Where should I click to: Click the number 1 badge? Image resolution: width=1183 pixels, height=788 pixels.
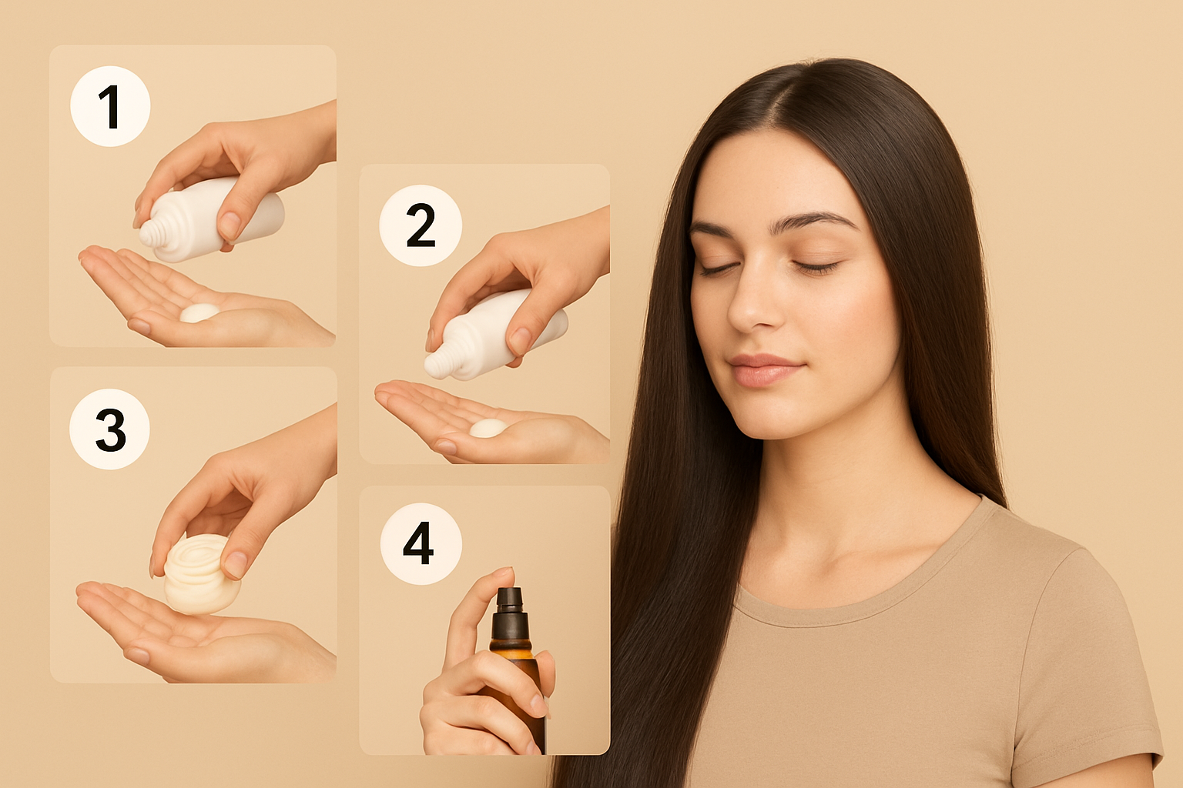[x=110, y=106]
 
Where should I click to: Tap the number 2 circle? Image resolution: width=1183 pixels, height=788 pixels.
[x=421, y=225]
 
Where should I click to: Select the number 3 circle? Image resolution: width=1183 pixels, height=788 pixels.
[x=110, y=429]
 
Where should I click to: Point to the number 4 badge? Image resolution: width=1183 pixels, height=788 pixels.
[x=421, y=543]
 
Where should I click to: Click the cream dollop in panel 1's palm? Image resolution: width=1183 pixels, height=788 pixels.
[x=199, y=312]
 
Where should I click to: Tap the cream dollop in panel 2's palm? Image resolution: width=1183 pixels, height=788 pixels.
[x=488, y=428]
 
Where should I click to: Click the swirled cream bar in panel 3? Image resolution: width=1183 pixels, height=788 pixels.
[x=201, y=574]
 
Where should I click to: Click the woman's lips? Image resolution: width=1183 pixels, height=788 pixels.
[x=765, y=369]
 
